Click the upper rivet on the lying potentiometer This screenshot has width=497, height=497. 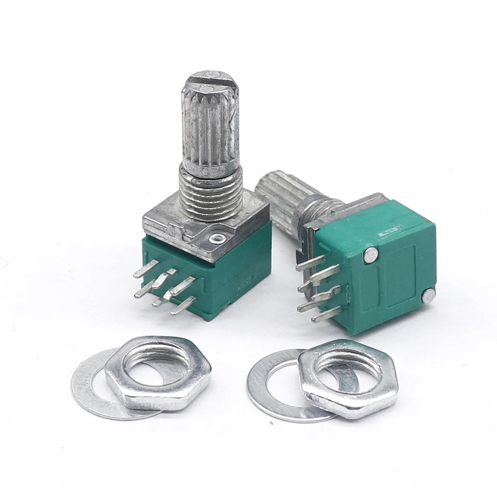pyautogui.click(x=371, y=254)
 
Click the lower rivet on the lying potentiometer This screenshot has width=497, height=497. pyautogui.click(x=429, y=296)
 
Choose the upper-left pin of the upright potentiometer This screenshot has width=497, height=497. pyautogui.click(x=145, y=269)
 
